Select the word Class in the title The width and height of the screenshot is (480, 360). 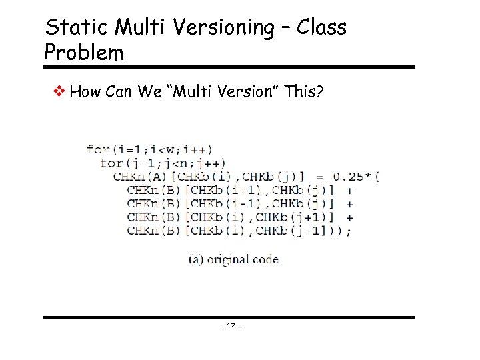pos(322,28)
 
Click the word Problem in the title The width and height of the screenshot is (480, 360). pos(84,52)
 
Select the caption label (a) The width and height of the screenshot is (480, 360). pos(197,259)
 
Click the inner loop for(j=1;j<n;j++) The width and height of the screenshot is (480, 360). pos(163,163)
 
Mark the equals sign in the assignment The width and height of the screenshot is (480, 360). pos(320,177)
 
